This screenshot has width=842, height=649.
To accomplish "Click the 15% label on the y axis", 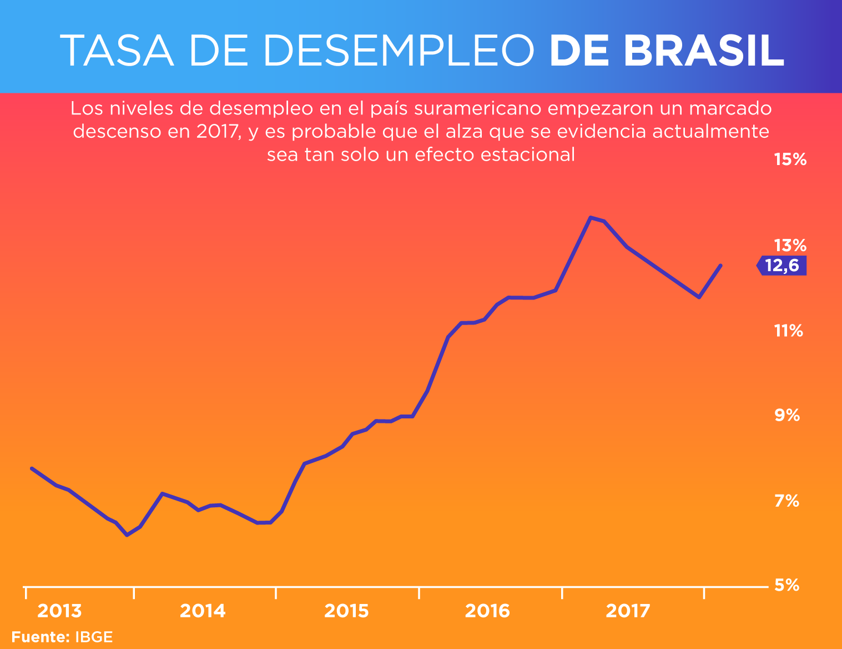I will tap(790, 160).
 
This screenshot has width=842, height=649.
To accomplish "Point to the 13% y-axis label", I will tap(790, 245).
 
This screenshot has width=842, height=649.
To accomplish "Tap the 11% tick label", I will tap(788, 331).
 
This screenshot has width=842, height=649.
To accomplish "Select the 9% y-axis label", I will tap(788, 415).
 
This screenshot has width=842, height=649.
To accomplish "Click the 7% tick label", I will tap(787, 501).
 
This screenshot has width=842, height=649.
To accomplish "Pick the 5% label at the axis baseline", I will tap(787, 585).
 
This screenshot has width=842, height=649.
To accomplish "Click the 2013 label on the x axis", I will tap(59, 611).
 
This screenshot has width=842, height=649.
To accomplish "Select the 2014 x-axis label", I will tap(203, 611).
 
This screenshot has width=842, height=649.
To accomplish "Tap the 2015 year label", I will tap(346, 611).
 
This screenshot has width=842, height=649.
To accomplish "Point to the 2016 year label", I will tap(487, 611).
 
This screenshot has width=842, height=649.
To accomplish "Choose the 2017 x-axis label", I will tap(628, 611).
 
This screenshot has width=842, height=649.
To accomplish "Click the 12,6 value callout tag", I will tap(782, 266).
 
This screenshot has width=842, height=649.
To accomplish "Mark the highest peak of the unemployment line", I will tap(591, 217).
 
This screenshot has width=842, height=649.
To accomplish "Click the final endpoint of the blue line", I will tap(720, 266).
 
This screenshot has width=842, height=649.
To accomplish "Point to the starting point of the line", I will tap(32, 468).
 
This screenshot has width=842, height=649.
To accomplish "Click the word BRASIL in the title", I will tap(704, 51).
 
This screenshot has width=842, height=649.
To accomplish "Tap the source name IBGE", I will tap(94, 637).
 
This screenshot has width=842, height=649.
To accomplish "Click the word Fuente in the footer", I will tap(40, 637).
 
